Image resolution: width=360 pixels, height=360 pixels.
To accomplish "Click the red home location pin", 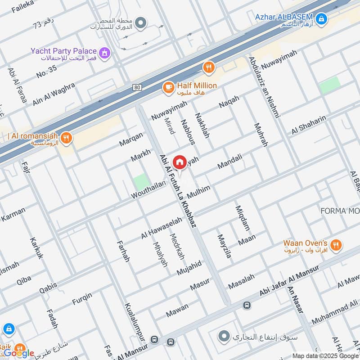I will click(180, 162).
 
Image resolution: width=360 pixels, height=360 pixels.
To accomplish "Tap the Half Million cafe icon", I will click(168, 87).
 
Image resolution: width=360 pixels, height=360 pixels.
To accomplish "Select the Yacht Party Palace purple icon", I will click(105, 53).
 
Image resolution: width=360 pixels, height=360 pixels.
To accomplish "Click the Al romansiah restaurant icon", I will click(66, 137).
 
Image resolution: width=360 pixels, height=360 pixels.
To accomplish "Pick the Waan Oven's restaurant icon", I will click(335, 245).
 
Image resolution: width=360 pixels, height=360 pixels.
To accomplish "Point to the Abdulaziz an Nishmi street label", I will click(265, 87).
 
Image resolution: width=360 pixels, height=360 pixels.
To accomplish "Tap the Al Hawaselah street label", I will click(162, 228).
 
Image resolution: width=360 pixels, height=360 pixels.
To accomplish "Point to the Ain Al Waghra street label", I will click(54, 92).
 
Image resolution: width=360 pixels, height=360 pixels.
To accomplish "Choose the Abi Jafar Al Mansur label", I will click(289, 280).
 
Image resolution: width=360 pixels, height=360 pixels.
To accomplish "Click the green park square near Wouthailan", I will click(141, 182).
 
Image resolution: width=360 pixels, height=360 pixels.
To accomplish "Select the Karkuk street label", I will click(37, 247).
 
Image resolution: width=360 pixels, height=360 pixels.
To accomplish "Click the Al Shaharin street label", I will click(308, 124).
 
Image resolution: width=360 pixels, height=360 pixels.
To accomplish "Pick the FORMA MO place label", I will click(340, 211).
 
